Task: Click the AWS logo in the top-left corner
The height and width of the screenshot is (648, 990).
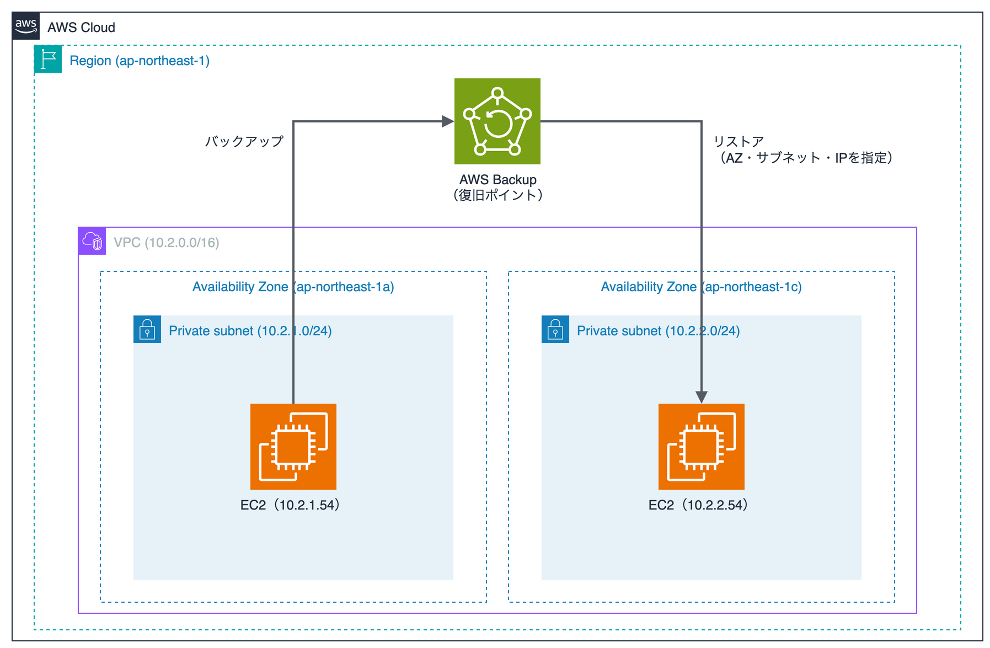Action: pos(26,26)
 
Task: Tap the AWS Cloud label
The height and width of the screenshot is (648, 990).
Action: pos(81,28)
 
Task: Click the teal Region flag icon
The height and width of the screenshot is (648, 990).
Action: pos(48,59)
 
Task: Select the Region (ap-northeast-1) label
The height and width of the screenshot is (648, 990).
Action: pos(140,61)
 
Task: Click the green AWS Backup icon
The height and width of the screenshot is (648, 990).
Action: pos(497,121)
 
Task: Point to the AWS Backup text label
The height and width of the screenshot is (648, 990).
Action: pos(498,180)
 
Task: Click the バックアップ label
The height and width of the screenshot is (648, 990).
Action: pos(244,141)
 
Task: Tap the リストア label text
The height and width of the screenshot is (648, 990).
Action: pos(739,142)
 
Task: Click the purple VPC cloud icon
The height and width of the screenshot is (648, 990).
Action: pos(92,241)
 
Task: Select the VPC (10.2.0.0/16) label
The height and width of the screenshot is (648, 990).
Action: pos(167,243)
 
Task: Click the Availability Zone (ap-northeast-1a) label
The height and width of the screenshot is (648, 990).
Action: pos(293,287)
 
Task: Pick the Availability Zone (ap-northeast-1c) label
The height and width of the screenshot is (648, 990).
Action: pos(702,287)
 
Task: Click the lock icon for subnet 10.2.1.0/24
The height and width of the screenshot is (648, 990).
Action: pos(147,329)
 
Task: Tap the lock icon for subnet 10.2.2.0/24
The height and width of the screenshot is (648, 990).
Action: pos(555,329)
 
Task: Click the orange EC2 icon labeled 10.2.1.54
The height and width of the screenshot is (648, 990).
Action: pos(293,447)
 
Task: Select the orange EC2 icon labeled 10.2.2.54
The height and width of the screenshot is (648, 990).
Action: pos(702,447)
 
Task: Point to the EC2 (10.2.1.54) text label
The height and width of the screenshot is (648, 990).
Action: pos(291,505)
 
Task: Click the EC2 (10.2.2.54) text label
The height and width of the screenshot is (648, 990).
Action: pos(699,505)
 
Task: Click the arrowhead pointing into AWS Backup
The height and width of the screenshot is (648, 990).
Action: pos(448,121)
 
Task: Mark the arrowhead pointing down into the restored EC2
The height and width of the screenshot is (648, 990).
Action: pos(702,397)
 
